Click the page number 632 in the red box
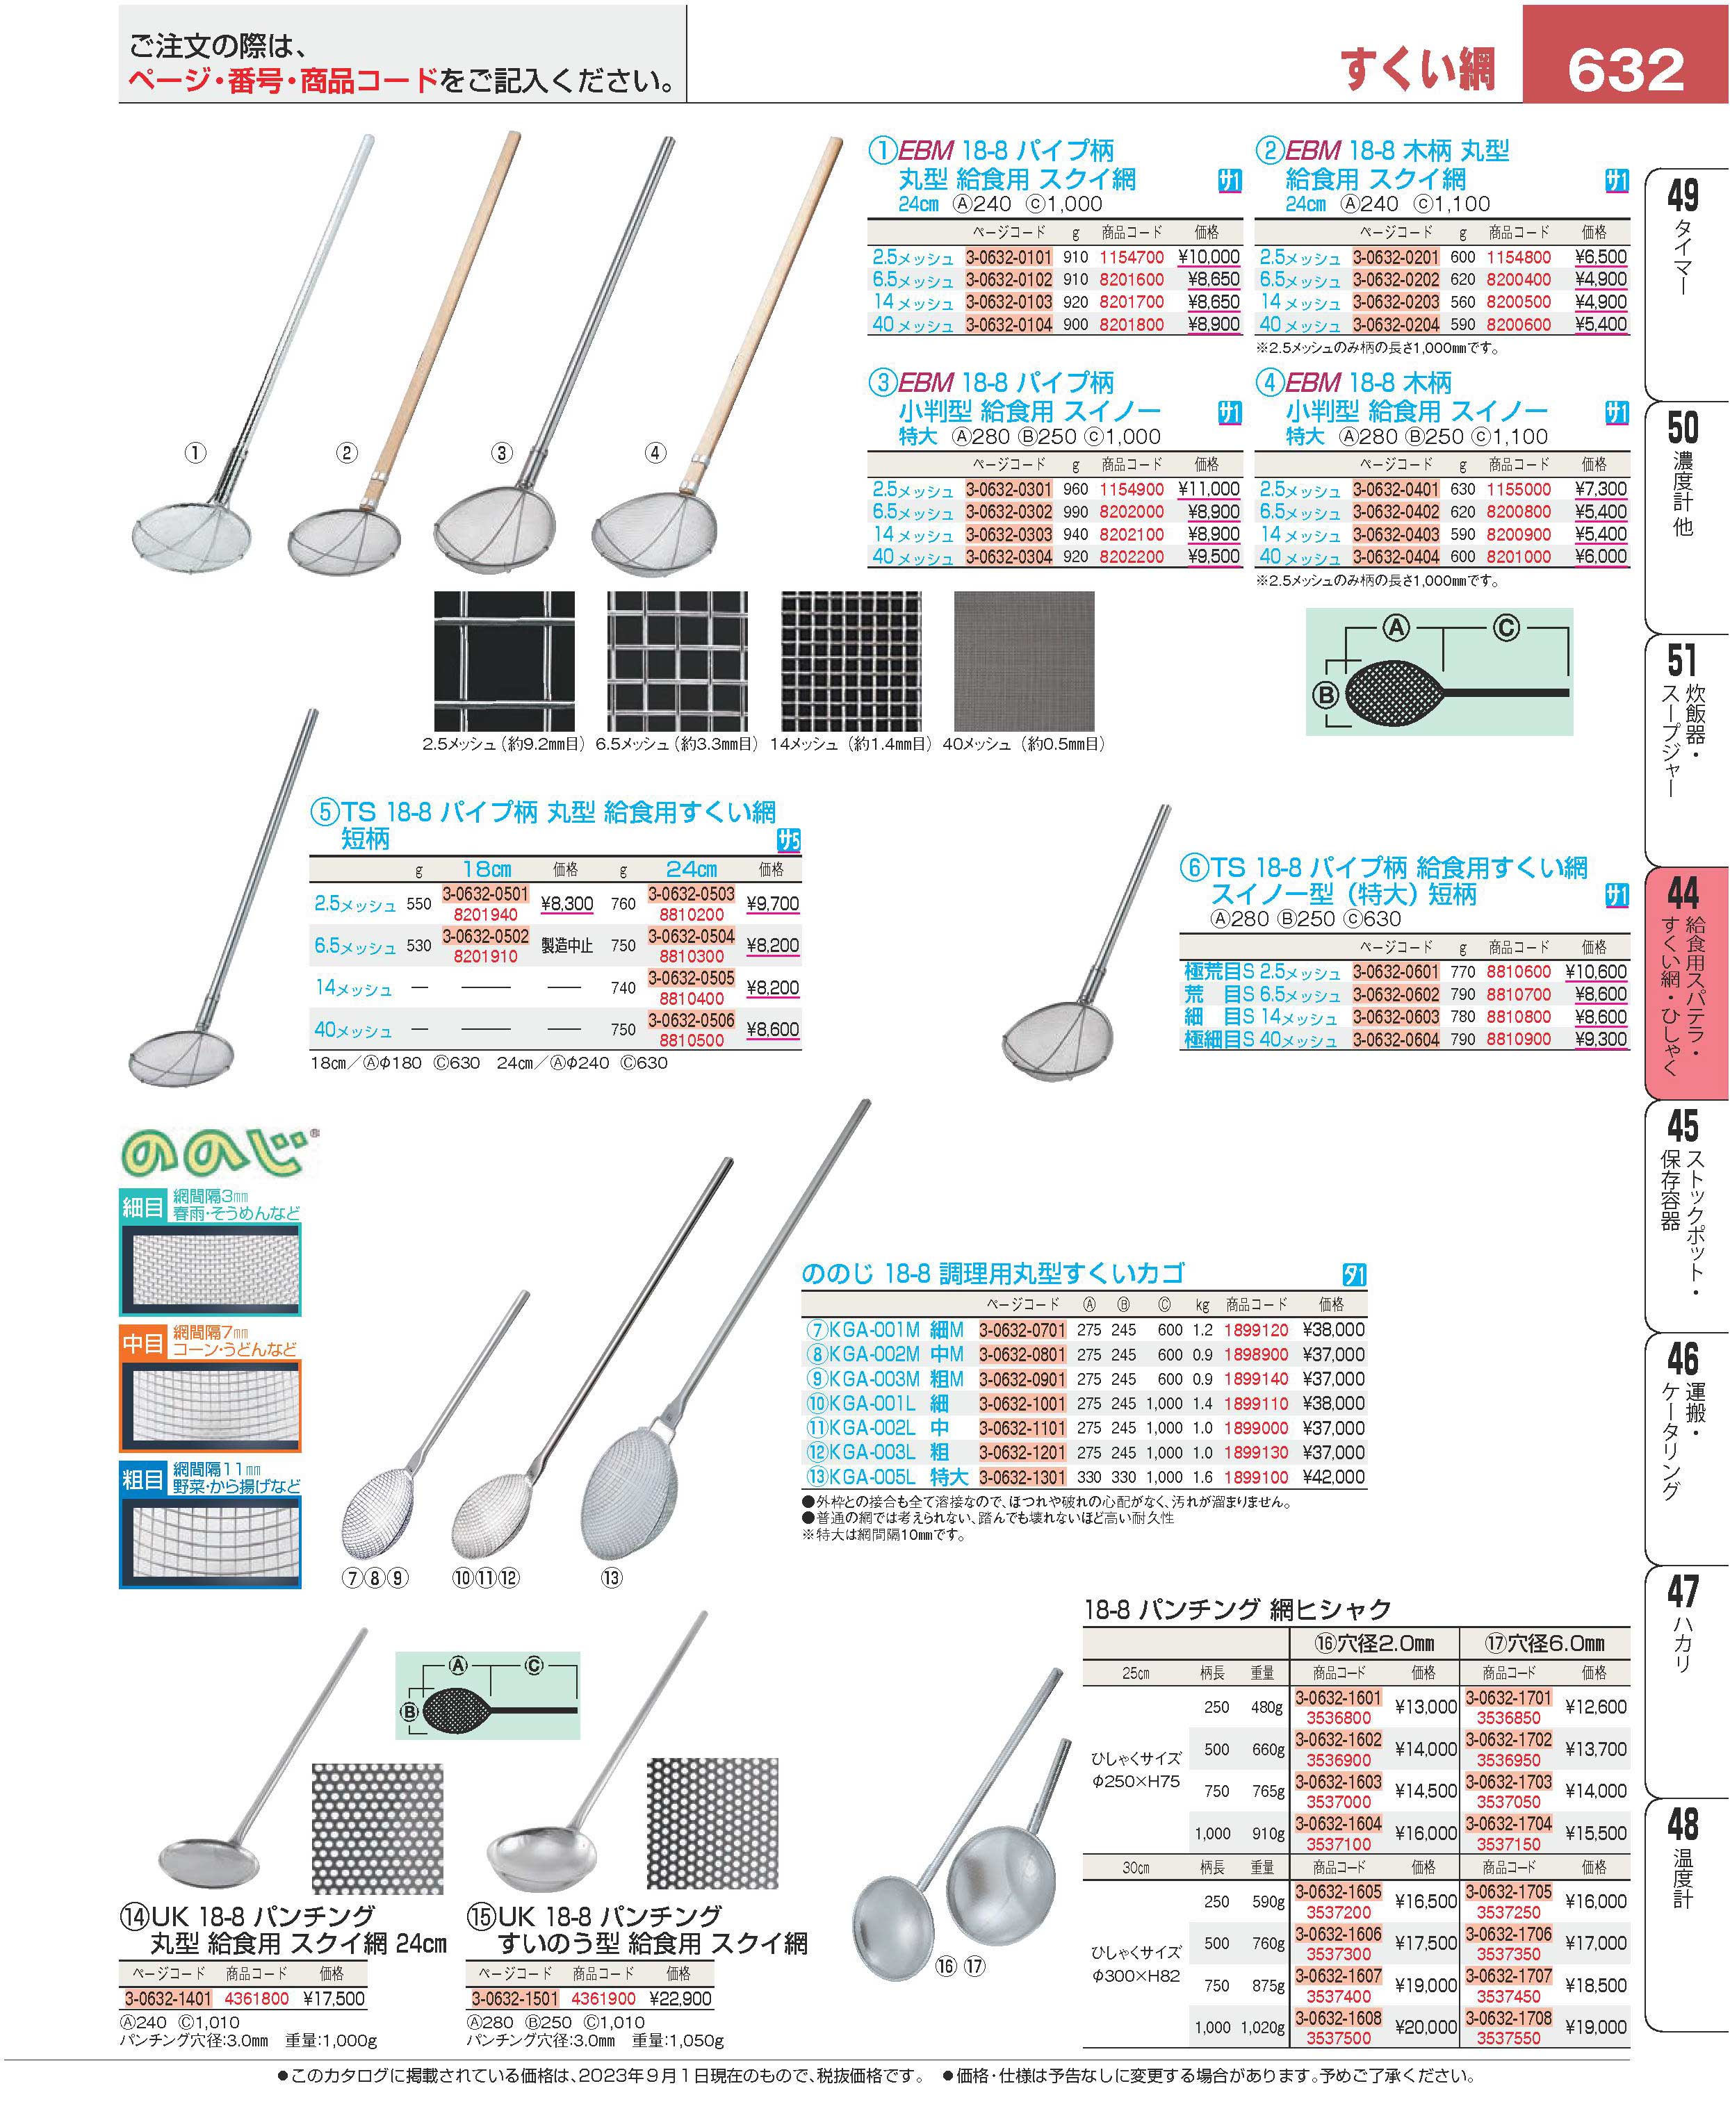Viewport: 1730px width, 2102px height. [x=1625, y=69]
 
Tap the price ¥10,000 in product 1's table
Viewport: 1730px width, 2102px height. [x=1209, y=257]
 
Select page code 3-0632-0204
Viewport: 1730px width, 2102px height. [x=1396, y=325]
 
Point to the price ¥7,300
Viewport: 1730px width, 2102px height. [x=1601, y=489]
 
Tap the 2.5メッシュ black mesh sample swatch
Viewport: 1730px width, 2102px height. [x=504, y=662]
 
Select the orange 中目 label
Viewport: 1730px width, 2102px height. [x=142, y=1344]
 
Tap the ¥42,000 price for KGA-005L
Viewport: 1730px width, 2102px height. [x=1333, y=1477]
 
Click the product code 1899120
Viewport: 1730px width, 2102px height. [x=1256, y=1330]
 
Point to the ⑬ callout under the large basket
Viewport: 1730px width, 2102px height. [x=611, y=1578]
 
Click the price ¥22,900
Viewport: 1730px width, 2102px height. [x=680, y=1998]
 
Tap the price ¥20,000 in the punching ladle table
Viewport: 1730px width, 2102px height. [x=1425, y=2027]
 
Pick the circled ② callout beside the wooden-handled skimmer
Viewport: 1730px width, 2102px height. [x=347, y=453]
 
